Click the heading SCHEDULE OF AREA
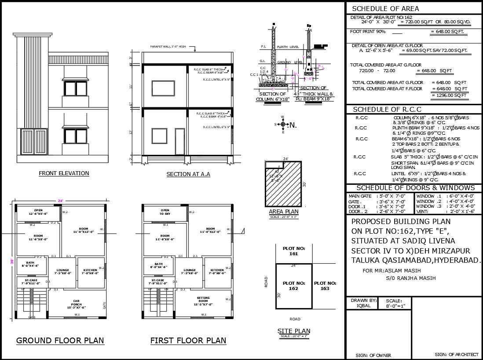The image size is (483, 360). pos(386,8)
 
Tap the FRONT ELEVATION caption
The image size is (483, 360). pos(64,173)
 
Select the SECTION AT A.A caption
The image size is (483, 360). pos(188,174)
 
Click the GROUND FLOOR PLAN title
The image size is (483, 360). pos(60,340)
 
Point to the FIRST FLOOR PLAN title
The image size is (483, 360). pos(188,340)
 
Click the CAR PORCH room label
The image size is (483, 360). pos(76,304)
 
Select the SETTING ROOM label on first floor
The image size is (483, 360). pos(203,301)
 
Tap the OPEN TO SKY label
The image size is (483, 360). pos(165,212)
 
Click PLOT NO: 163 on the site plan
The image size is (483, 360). pos(325,286)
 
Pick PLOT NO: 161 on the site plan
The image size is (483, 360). pos(293,251)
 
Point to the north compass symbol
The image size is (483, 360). pos(283,125)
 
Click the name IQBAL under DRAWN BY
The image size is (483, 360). pos(363,305)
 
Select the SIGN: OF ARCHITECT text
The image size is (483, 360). pos(456,354)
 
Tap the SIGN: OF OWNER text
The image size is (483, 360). pos(373,355)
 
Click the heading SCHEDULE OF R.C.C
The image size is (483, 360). pos(387,109)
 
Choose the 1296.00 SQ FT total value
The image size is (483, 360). pos(449,96)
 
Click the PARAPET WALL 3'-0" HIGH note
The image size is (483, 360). pos(168,46)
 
